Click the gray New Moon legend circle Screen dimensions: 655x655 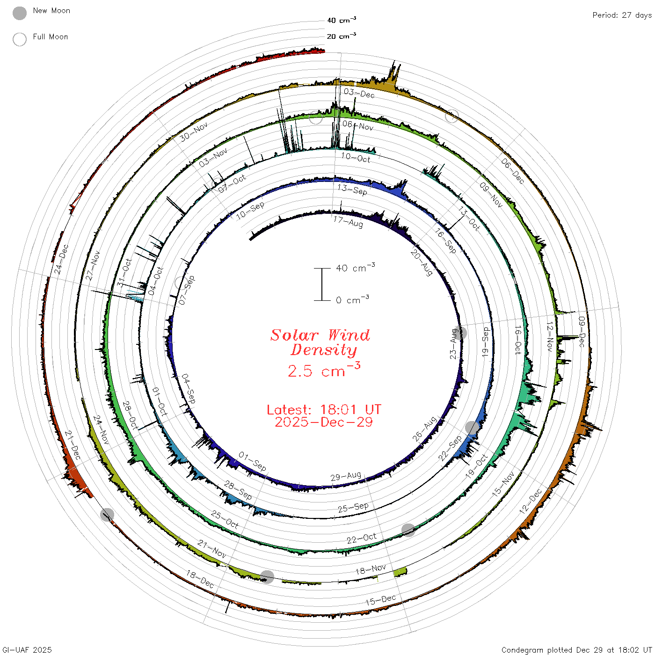click(20, 13)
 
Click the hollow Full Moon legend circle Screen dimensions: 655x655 click(20, 39)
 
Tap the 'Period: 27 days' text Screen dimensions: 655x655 click(622, 15)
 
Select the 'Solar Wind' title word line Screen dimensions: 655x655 click(320, 335)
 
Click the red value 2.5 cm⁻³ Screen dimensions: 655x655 click(324, 370)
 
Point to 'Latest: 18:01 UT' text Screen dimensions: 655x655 click(324, 409)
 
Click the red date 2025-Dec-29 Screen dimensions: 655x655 click(324, 422)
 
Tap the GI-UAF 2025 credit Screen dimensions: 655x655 click(27, 650)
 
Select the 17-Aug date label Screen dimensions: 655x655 click(348, 222)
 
